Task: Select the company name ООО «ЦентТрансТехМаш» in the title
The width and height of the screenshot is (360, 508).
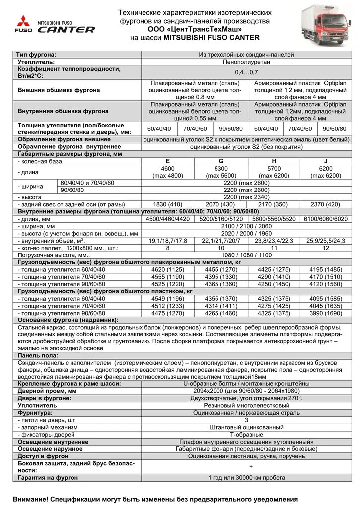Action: point(195,30)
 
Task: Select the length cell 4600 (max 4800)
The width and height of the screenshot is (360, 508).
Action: point(168,172)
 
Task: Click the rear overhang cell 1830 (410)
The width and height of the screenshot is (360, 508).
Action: point(168,204)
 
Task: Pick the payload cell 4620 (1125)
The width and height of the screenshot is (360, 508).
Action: point(168,269)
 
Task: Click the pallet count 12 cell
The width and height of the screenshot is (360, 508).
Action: point(326,247)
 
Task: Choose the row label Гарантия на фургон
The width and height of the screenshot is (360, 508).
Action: point(48,477)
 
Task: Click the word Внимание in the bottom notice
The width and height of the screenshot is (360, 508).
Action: point(30,499)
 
